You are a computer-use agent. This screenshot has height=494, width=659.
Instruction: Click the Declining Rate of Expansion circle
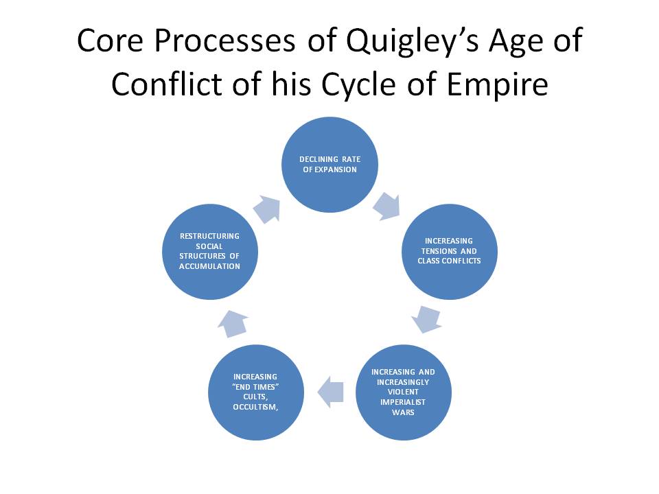click(329, 165)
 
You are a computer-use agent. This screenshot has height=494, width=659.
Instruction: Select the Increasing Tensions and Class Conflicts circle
click(449, 252)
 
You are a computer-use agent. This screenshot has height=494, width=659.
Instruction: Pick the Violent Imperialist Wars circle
click(404, 392)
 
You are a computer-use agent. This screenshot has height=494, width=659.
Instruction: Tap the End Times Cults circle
click(256, 392)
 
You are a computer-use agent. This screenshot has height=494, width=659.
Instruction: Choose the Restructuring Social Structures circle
click(210, 252)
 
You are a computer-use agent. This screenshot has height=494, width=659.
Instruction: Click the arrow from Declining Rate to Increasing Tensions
click(386, 207)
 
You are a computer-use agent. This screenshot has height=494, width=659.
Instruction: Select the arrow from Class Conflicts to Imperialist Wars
click(426, 320)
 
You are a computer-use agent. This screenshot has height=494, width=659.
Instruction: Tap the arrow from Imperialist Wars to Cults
click(330, 392)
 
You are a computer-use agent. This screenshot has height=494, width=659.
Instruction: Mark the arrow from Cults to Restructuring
click(233, 324)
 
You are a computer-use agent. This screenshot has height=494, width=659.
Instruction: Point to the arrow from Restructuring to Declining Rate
click(267, 209)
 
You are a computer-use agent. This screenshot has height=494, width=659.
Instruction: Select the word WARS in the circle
click(403, 412)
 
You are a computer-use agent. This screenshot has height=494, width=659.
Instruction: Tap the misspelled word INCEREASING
click(449, 241)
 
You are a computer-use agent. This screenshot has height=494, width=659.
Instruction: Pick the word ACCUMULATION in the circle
click(210, 266)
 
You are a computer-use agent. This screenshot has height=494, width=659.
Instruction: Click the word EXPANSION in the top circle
click(336, 169)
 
